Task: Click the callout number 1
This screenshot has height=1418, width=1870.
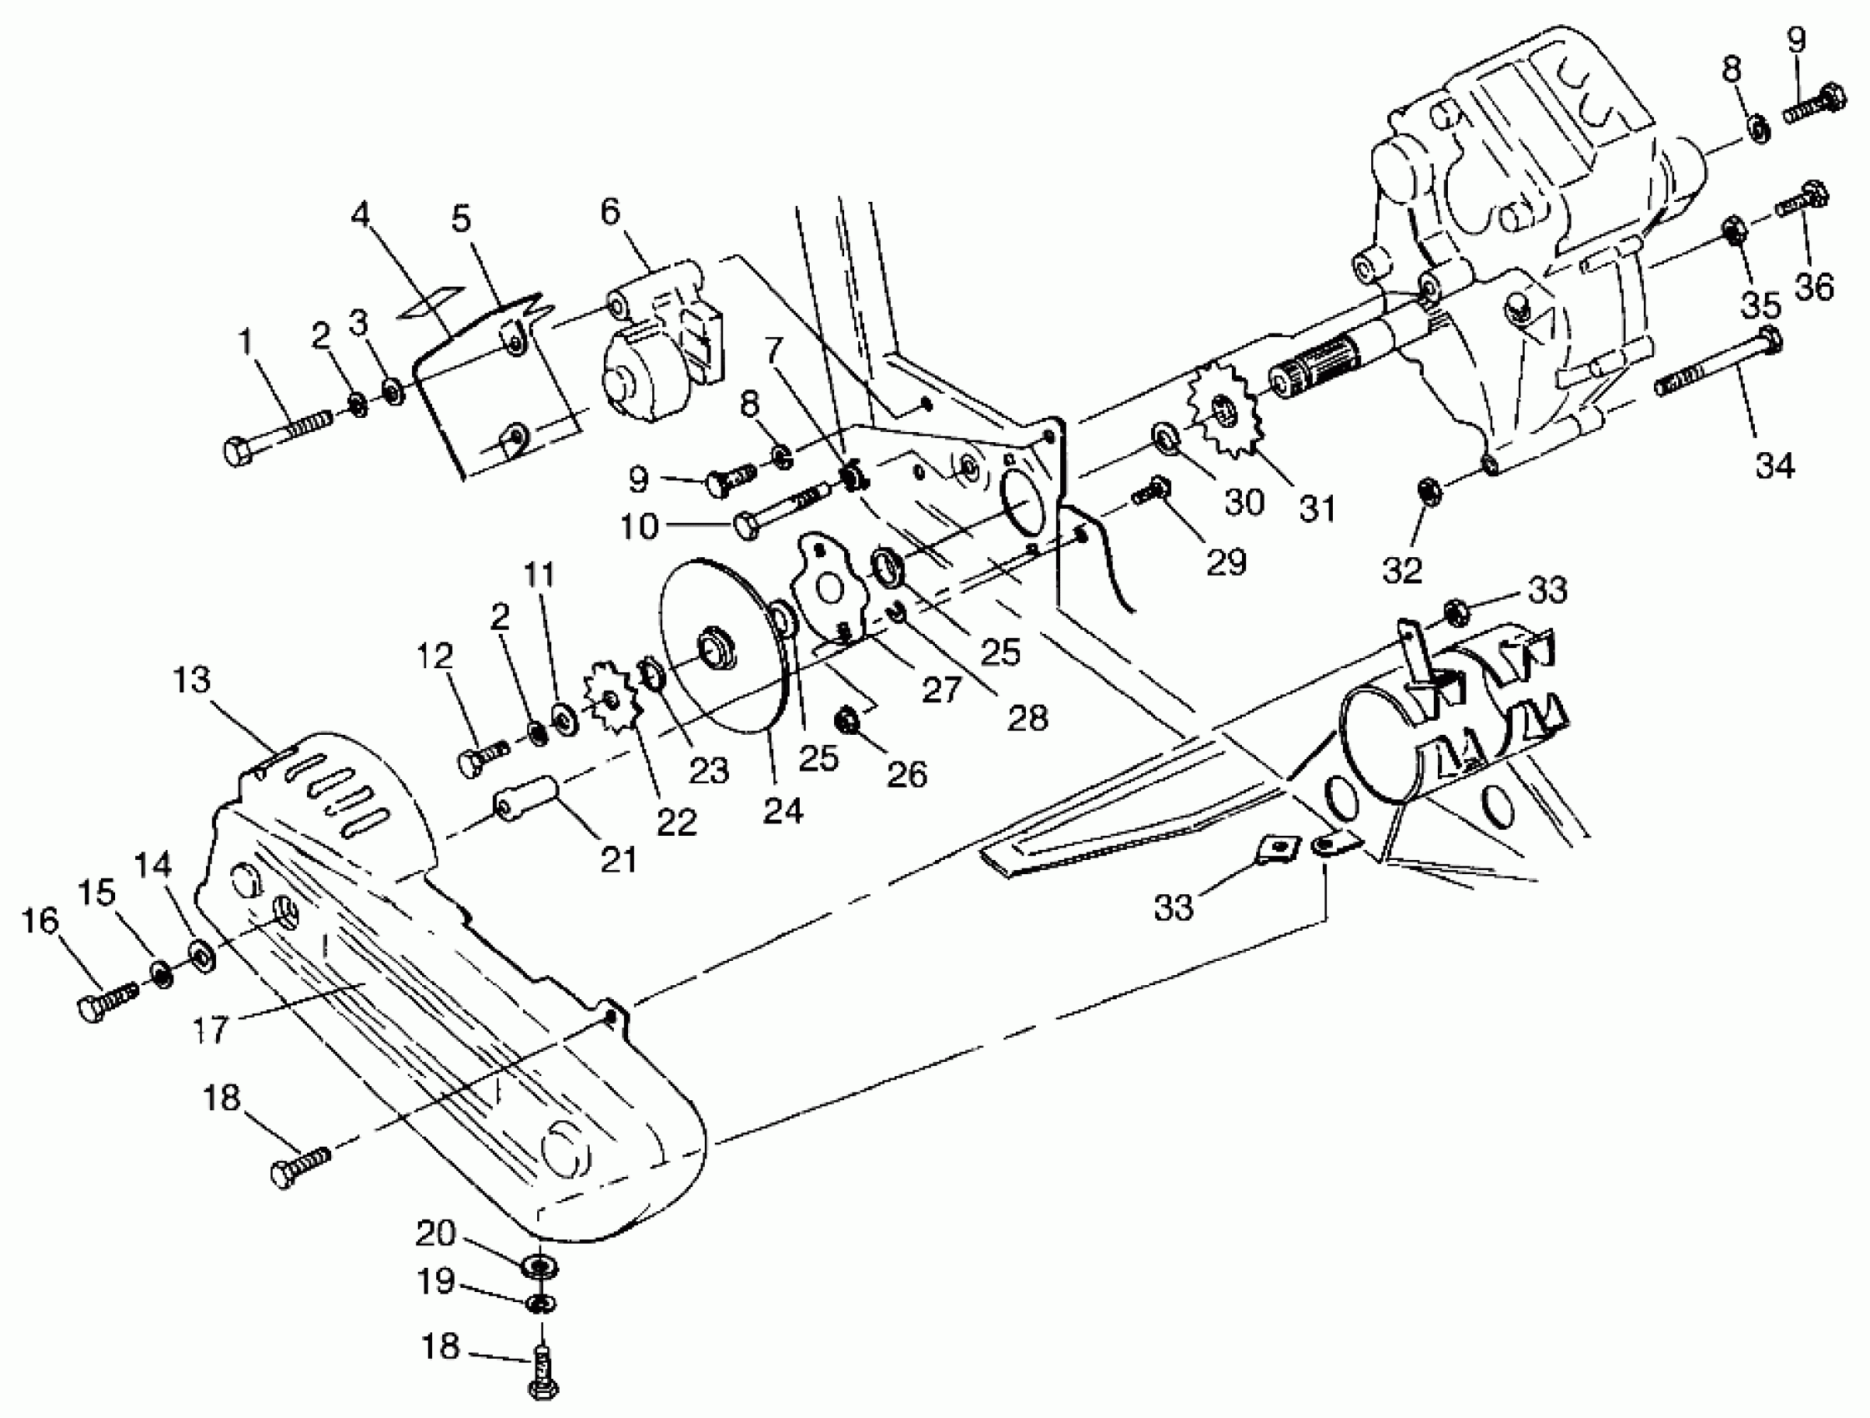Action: (x=246, y=342)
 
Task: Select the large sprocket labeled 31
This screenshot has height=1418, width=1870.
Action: (x=1227, y=415)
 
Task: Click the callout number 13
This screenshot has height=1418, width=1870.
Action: (x=191, y=680)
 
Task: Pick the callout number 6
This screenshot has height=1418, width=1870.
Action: (x=611, y=211)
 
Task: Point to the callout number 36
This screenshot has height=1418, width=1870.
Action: (x=1813, y=287)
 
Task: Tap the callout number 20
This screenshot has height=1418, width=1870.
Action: (x=435, y=1234)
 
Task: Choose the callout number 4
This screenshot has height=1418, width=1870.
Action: (x=360, y=214)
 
